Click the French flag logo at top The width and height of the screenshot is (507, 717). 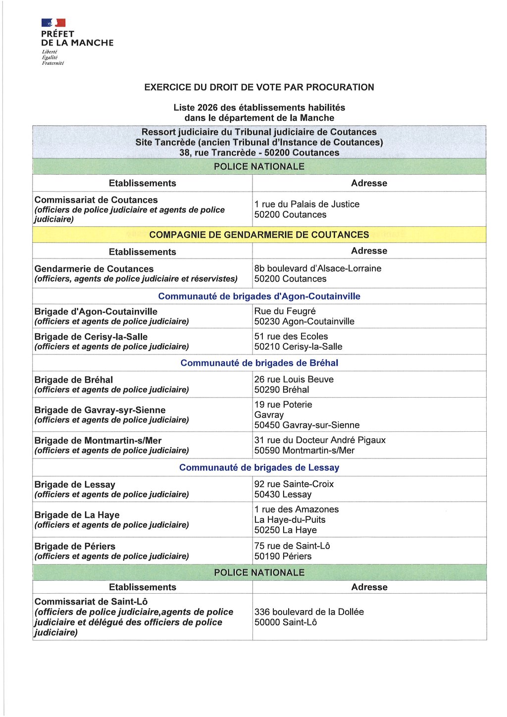point(53,23)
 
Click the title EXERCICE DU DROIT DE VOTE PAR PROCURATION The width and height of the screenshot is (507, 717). point(259,87)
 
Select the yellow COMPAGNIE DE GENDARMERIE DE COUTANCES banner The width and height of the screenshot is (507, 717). point(259,235)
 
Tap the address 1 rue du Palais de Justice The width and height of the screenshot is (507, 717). point(306,204)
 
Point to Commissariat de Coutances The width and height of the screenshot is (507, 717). point(96,200)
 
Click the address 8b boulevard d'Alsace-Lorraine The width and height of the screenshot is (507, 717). point(317,268)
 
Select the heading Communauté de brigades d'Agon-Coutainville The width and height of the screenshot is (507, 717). point(259,296)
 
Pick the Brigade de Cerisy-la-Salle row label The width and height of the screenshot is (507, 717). point(91,337)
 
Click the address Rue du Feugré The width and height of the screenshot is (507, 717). point(285,311)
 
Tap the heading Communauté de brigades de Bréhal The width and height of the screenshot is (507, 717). point(259,363)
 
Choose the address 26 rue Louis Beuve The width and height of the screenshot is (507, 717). point(294,379)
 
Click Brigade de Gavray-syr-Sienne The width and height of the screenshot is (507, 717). point(100,410)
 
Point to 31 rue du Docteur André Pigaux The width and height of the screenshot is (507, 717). point(319,440)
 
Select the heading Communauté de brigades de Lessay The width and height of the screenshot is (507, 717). point(259,467)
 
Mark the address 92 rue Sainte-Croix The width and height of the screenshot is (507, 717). point(294,484)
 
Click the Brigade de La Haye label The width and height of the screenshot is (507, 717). point(77,515)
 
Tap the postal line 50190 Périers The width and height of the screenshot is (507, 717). point(283,556)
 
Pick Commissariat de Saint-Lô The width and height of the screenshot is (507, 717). point(91,602)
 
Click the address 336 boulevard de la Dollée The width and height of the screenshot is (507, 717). point(309,612)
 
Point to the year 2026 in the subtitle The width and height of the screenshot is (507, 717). point(207,107)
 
